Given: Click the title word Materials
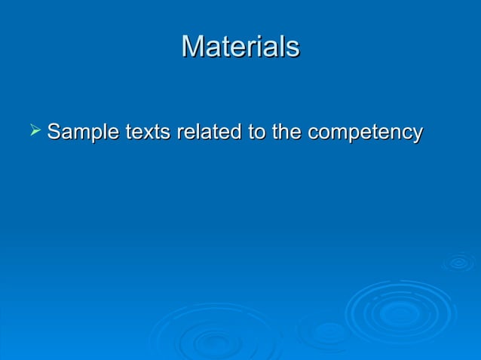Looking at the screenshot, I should click(x=240, y=47).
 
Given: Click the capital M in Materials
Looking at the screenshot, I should click(x=192, y=47).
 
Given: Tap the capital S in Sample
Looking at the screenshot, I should click(x=54, y=133).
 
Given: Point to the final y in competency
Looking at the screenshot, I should click(x=417, y=136).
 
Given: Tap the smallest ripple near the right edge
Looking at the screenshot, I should click(x=458, y=262).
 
